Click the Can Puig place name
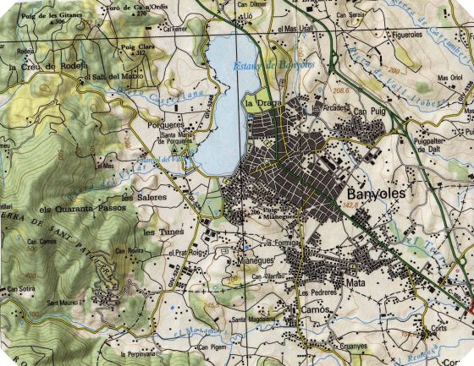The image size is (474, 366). (369, 111)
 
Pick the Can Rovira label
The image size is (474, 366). (132, 251)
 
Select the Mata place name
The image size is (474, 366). (355, 283)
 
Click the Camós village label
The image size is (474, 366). (315, 311)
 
